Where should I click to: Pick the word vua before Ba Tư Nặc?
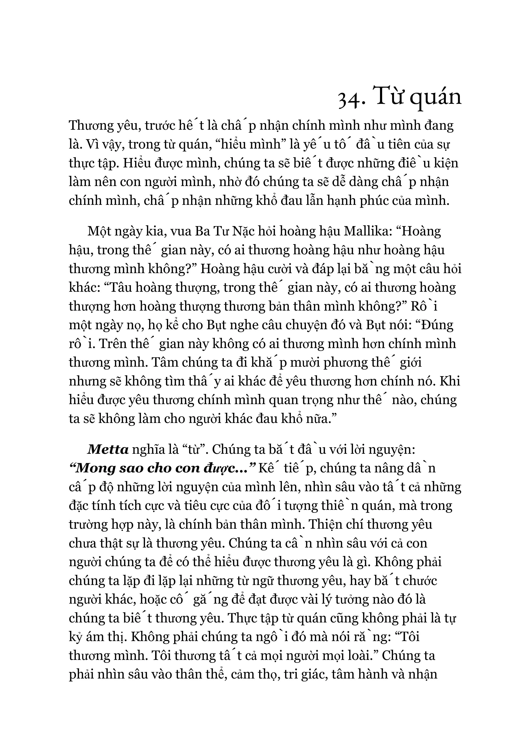point(181,231)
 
